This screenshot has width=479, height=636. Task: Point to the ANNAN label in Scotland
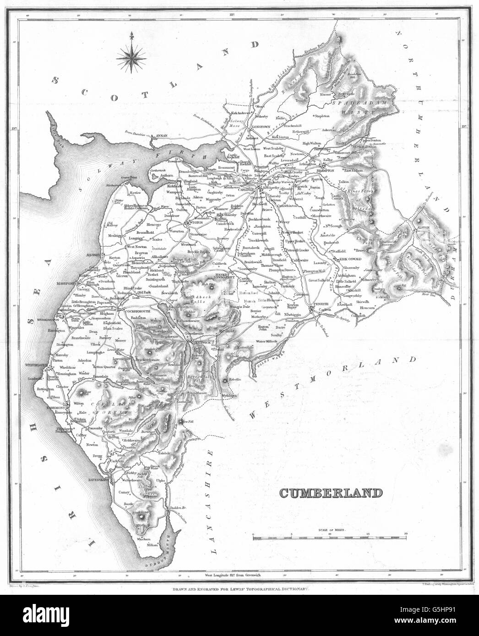pyautogui.click(x=163, y=135)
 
